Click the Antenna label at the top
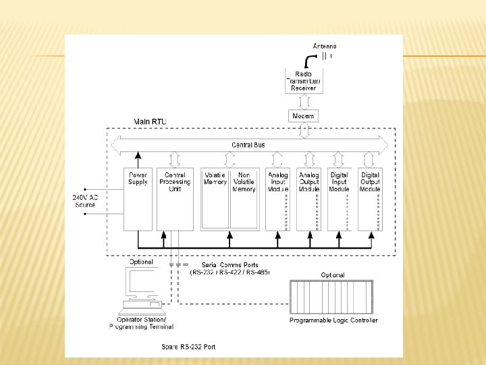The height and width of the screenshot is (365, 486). [324, 46]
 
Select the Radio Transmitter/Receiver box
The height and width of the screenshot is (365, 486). [304, 80]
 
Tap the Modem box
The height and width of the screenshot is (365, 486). [304, 116]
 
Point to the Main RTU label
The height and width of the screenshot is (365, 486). [150, 122]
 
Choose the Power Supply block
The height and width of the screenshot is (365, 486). [138, 198]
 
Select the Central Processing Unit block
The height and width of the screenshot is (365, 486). [175, 198]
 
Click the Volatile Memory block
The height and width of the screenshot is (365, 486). [215, 198]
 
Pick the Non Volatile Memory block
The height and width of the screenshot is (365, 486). [244, 198]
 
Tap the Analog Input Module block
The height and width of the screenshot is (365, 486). [278, 198]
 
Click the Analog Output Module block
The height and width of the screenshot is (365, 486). [309, 198]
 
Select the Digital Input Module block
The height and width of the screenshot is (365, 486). [340, 198]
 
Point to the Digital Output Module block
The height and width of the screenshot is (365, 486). [371, 198]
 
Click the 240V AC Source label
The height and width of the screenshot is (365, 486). [85, 201]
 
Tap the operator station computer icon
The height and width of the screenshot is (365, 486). [142, 291]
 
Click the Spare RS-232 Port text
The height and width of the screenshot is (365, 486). [188, 347]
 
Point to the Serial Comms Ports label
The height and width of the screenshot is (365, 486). [230, 265]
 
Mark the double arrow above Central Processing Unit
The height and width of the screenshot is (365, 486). [175, 160]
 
